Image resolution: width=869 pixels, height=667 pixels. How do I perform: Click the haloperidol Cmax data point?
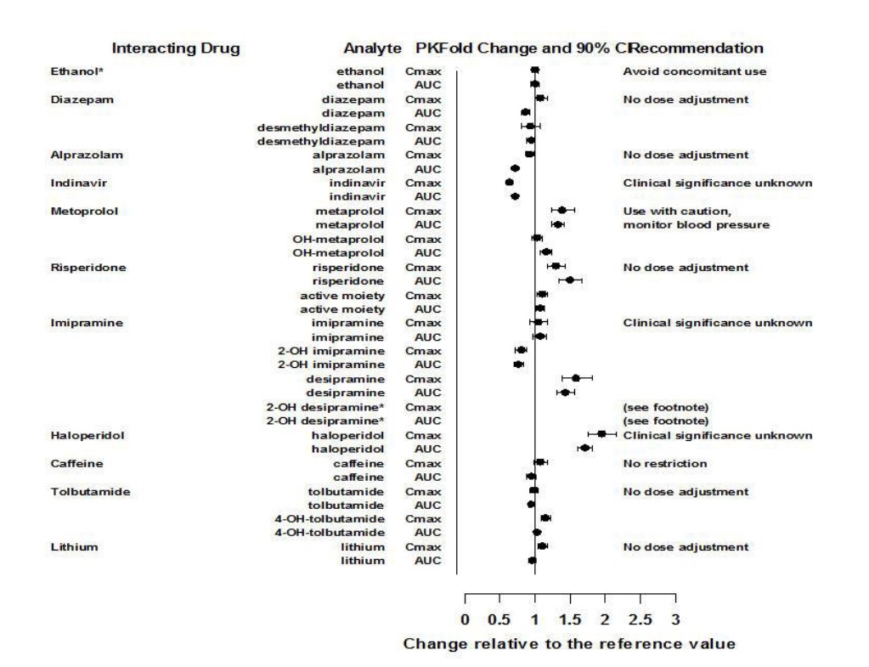click(601, 434)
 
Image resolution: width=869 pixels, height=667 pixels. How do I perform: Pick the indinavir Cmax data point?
click(510, 182)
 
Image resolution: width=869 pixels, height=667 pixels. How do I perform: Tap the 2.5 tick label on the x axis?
click(640, 619)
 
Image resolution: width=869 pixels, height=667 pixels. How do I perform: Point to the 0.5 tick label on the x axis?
click(499, 619)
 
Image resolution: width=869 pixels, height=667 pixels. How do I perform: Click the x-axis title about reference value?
click(569, 643)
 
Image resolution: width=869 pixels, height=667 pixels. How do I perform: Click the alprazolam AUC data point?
click(515, 169)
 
